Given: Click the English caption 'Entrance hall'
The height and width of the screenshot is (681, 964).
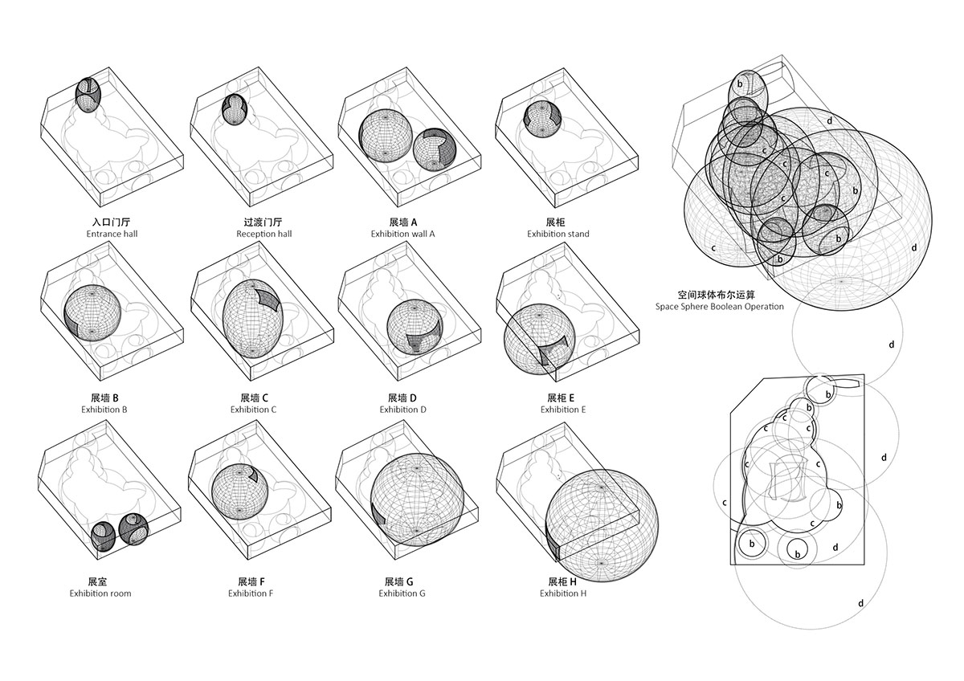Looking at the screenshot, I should point(112,234).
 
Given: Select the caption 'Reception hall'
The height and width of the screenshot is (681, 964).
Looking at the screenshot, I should point(264,234).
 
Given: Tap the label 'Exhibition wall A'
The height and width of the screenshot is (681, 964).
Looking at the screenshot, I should point(402,234).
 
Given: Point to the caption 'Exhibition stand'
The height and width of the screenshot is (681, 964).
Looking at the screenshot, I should point(558,234).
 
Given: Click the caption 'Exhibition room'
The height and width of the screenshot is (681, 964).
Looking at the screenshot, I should point(100,593).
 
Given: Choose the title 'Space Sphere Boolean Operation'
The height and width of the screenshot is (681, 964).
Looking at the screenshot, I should point(719,306).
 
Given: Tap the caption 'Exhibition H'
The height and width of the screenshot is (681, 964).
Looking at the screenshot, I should point(562,593).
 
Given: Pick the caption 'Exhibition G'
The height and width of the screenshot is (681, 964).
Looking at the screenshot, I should point(402,593).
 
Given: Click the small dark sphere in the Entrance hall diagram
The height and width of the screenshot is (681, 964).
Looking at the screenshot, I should point(88,95).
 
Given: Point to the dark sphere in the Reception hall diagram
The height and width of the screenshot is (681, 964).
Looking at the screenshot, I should point(233,110).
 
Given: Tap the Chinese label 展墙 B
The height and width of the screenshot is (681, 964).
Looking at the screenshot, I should point(104,398).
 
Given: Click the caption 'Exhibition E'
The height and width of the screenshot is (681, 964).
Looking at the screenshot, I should point(562,410).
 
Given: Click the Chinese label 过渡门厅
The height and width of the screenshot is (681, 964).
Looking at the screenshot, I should point(263,221).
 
